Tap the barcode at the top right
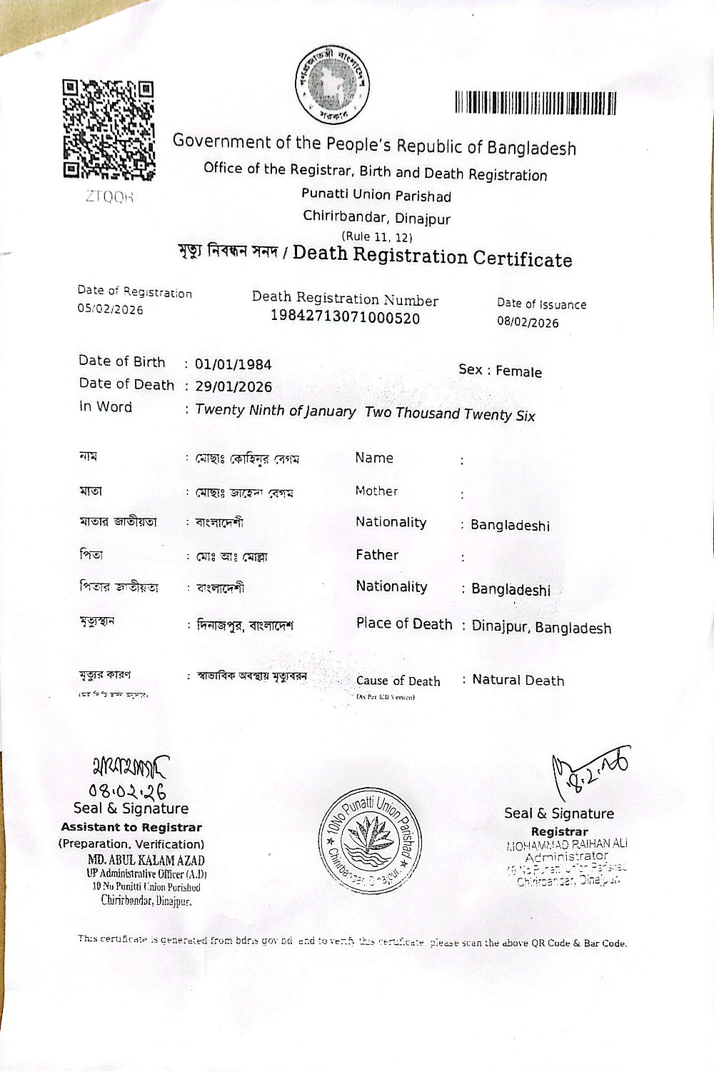[535, 104]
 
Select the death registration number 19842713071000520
[345, 318]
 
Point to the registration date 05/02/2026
[110, 309]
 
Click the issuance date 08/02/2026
[528, 322]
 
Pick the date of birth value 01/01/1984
[233, 364]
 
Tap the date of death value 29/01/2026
[233, 387]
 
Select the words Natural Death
[518, 681]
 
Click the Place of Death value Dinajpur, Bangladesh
[541, 628]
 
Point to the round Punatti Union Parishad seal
[369, 841]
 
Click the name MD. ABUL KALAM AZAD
[146, 861]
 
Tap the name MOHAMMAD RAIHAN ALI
[567, 844]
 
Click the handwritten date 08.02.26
[127, 791]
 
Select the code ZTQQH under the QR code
[109, 197]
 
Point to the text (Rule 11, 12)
[376, 236]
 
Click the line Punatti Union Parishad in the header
[376, 195]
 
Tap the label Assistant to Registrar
[131, 827]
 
